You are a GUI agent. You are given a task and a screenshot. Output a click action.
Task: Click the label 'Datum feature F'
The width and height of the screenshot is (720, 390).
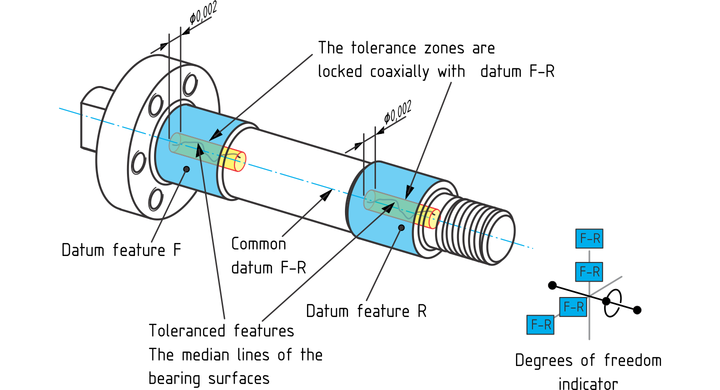click(x=121, y=250)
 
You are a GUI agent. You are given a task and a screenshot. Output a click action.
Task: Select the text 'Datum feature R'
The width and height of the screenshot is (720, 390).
click(x=366, y=311)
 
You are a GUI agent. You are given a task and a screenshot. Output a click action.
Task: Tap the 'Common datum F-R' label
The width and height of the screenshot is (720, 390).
click(x=268, y=256)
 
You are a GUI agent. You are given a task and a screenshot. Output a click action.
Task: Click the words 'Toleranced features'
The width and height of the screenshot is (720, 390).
click(x=221, y=331)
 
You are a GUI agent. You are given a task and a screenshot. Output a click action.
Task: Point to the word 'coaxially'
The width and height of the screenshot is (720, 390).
click(x=399, y=71)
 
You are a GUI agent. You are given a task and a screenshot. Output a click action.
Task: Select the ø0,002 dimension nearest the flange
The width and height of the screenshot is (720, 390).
click(x=203, y=13)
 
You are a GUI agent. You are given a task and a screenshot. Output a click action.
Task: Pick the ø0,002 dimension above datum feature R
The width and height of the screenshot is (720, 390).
click(x=397, y=112)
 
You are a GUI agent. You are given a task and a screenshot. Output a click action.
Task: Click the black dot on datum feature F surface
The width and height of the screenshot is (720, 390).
click(x=186, y=169)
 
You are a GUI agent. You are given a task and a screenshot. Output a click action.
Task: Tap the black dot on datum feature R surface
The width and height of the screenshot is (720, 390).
click(x=401, y=227)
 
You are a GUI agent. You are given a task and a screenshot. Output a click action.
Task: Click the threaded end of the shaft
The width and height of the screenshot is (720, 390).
click(x=479, y=230)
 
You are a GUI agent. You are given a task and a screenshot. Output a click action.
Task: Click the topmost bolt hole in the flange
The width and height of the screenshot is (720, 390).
click(x=190, y=84)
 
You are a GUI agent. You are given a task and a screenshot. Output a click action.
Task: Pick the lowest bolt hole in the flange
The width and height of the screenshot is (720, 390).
click(x=155, y=199)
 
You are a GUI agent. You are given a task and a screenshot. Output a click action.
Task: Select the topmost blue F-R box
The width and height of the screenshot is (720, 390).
click(x=589, y=238)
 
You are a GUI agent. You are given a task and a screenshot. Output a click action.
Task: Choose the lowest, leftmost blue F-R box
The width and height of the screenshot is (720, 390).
click(x=540, y=324)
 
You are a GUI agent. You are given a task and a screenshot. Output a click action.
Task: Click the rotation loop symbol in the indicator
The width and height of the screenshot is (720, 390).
click(x=612, y=303)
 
